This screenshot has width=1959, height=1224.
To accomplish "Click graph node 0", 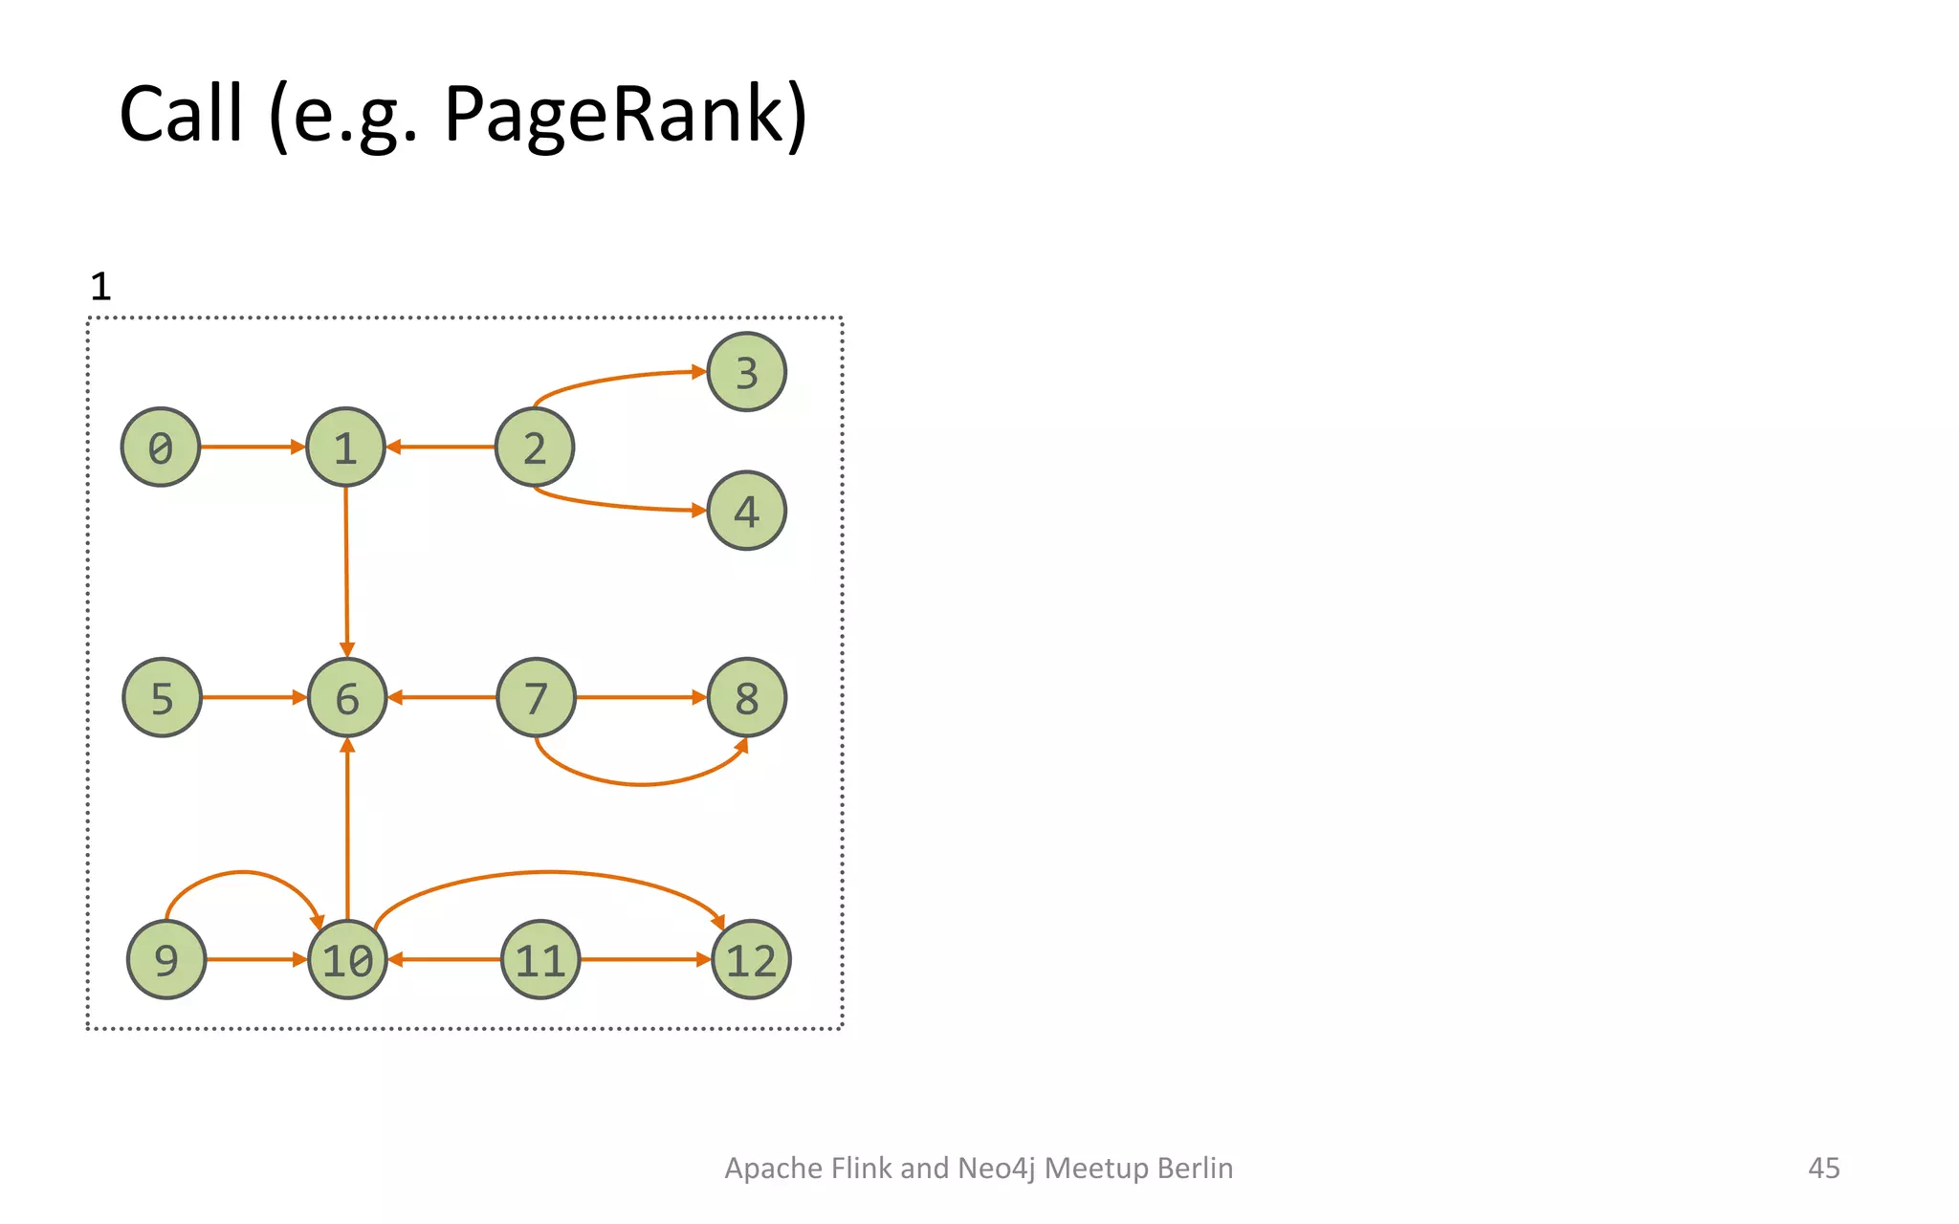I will (161, 447).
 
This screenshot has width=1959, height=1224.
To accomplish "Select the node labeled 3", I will (746, 372).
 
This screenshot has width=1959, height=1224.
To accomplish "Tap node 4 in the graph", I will (746, 511).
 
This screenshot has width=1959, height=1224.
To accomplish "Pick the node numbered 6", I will (347, 697).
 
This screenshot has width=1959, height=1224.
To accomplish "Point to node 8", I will (746, 697).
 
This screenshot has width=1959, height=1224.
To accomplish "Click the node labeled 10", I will (347, 959).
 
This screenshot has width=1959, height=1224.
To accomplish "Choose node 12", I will (751, 959).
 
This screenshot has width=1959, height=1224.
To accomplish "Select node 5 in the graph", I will (163, 697).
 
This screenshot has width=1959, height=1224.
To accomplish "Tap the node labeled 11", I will (540, 959).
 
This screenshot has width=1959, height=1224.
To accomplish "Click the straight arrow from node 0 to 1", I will (251, 447).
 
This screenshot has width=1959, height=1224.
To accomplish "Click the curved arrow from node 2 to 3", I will (612, 379).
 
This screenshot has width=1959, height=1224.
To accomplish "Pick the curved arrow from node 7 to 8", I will (641, 784).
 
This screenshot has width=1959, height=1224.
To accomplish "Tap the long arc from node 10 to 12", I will (547, 872).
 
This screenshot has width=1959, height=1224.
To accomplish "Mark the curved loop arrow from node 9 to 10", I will (243, 872).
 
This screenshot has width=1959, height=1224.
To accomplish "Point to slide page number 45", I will (1823, 1168).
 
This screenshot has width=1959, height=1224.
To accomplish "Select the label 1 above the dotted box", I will (100, 287).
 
